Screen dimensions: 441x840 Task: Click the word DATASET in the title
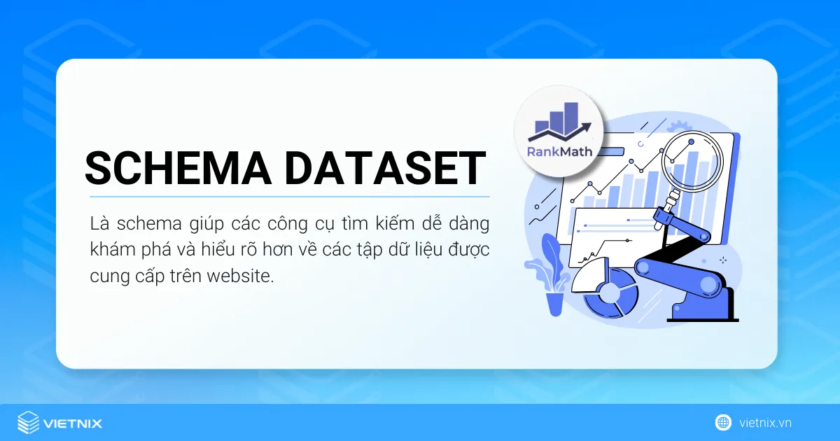click(x=384, y=168)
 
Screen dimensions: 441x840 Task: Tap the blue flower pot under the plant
click(x=555, y=302)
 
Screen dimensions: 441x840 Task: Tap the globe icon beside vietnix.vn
click(x=722, y=422)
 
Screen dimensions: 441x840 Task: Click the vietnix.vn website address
click(x=765, y=423)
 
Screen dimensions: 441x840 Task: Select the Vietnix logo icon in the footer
click(x=28, y=423)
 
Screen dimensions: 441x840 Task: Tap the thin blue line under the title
click(x=287, y=197)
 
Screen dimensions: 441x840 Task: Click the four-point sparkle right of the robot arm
click(x=723, y=260)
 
